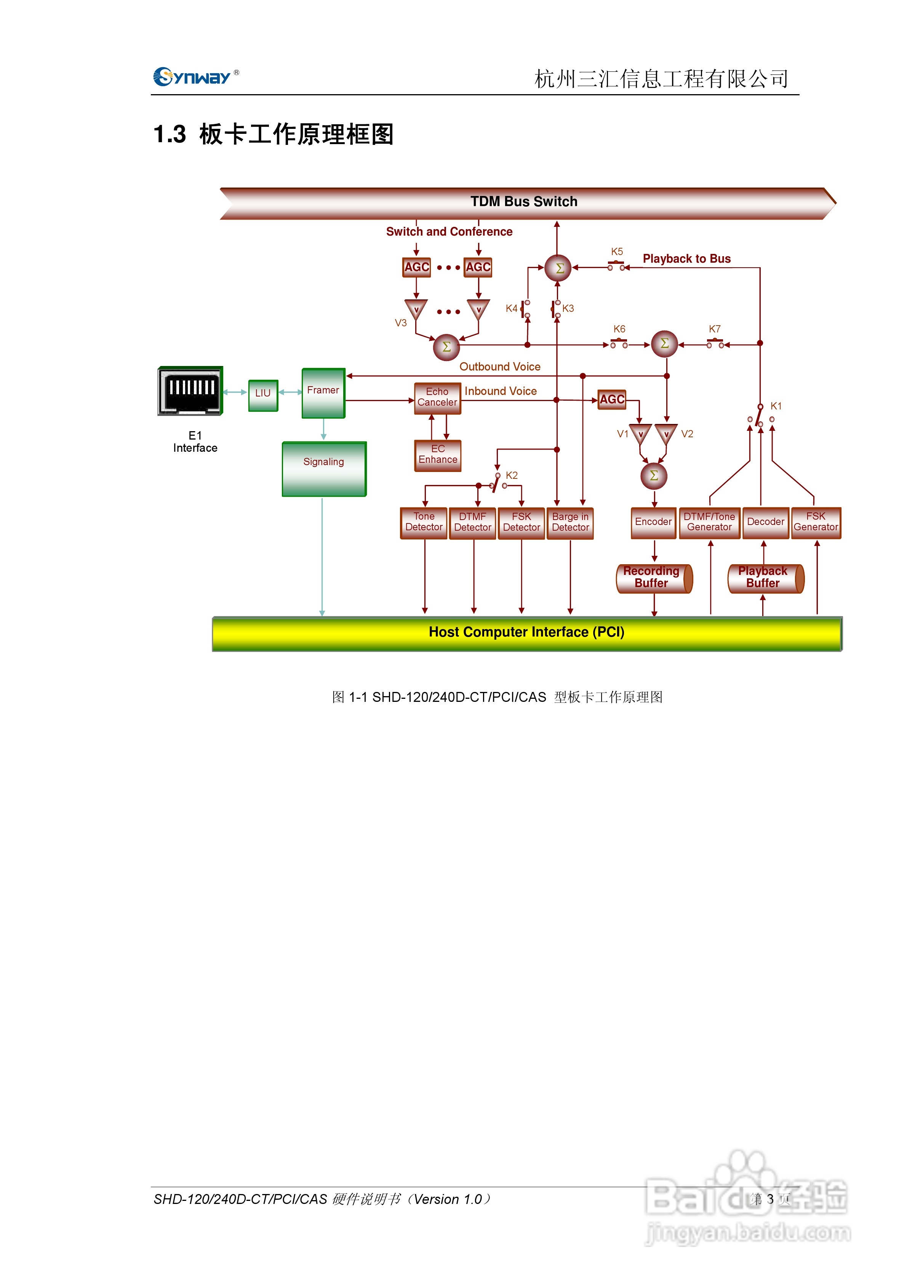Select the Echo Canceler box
438,398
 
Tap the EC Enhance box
438,455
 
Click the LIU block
263,395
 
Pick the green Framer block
323,393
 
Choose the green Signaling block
324,469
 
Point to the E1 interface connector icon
190,391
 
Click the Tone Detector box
424,523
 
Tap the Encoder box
653,523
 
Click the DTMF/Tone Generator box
710,523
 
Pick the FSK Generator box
816,523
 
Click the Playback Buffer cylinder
766,578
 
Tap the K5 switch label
617,252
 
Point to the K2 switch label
512,475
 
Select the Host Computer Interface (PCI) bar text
526,632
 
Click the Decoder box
766,523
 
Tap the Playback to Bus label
687,258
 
